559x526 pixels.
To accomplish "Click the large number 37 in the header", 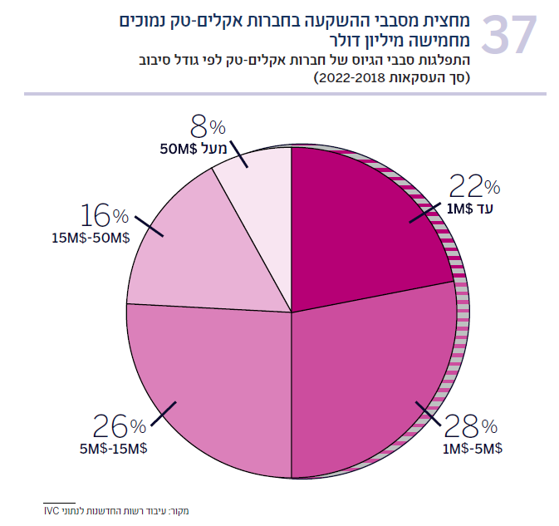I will pos(509,35).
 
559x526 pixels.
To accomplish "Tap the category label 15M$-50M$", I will pos(91,238).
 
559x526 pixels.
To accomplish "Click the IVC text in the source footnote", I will pos(51,511).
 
